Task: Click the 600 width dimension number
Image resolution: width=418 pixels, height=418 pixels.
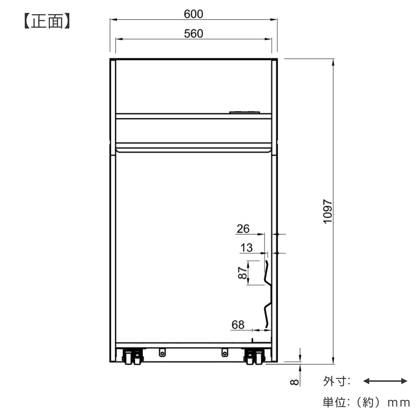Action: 193,14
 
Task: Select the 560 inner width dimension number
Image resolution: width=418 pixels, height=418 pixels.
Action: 193,34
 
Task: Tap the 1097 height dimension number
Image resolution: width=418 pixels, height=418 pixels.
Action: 327,211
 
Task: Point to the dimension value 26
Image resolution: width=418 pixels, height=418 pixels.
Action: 243,229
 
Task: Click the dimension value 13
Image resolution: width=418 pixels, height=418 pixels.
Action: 246,248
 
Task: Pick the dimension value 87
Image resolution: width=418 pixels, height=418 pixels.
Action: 242,273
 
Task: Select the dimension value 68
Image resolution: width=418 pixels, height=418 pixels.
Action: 238,325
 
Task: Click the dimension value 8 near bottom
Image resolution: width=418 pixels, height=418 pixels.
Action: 294,382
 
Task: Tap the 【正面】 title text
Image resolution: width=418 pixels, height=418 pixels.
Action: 47,21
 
